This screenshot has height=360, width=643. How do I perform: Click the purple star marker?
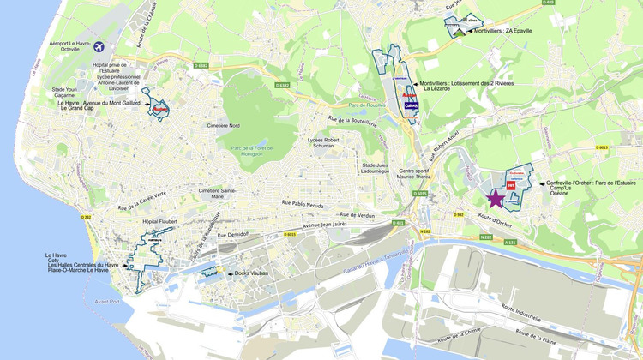pyautogui.click(x=496, y=198)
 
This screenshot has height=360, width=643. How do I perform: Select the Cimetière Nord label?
pyautogui.click(x=223, y=126)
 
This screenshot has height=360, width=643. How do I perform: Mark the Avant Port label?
pyautogui.click(x=105, y=300)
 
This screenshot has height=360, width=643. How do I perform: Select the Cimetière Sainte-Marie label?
pyautogui.click(x=218, y=193)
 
